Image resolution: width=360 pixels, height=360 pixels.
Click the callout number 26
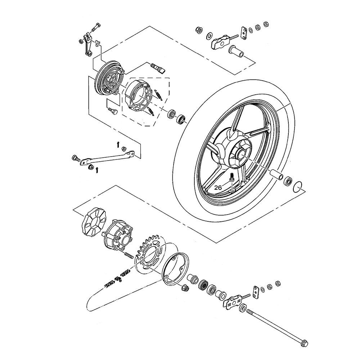click(217, 188)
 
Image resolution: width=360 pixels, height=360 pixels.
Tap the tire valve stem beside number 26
click(232, 177)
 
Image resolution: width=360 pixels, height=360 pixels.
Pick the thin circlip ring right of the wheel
click(298, 187)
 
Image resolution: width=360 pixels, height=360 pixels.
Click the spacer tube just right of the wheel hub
click(276, 176)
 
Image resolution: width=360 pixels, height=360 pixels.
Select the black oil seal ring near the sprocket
click(204, 285)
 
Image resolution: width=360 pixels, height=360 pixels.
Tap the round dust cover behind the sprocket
click(175, 270)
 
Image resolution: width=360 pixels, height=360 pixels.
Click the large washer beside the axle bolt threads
click(243, 307)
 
